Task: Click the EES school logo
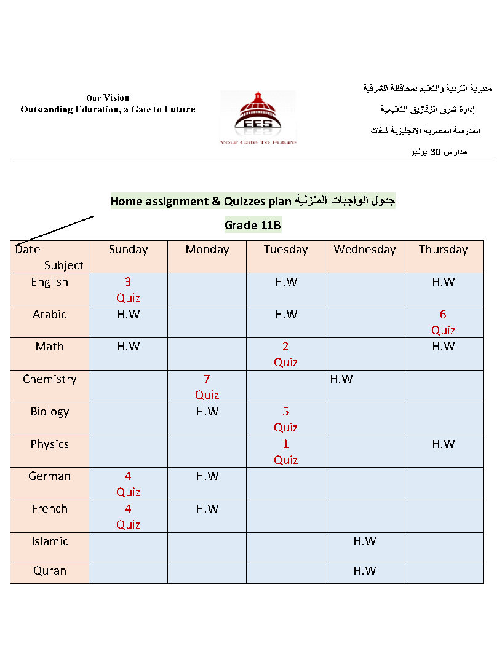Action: tap(258, 117)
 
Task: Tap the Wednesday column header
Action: tap(364, 250)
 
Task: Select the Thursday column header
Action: tap(443, 250)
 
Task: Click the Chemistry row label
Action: tap(50, 379)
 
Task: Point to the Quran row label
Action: tap(50, 571)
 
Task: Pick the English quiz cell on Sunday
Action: tap(128, 289)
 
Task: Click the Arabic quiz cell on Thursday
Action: tap(443, 322)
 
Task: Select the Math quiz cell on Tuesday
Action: tap(285, 354)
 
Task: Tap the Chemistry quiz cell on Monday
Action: tap(207, 387)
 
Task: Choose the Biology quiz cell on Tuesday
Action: tap(285, 419)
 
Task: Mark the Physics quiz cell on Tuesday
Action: tap(285, 452)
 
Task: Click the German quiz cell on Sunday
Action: tap(128, 484)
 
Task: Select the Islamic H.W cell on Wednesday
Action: tap(364, 541)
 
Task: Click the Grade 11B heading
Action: tap(253, 226)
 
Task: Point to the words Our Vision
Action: tap(108, 98)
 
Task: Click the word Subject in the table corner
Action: tap(63, 265)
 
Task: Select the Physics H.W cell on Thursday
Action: tap(443, 444)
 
